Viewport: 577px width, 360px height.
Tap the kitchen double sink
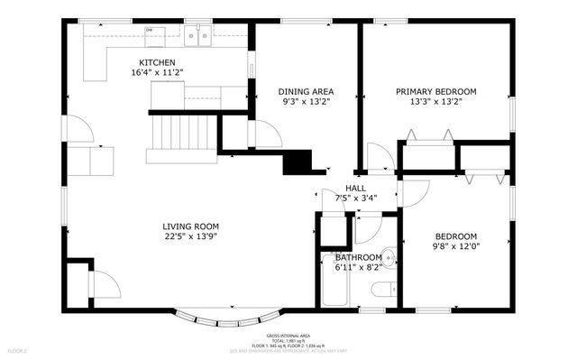point(197,36)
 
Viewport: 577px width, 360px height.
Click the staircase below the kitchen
point(183,134)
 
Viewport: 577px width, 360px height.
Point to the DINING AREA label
point(306,91)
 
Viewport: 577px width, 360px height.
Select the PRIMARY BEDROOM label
point(436,91)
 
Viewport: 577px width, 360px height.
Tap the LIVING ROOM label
point(190,226)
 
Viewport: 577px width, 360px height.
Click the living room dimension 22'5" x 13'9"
point(190,237)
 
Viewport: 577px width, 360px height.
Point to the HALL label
point(343,188)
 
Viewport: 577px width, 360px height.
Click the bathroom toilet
point(383,290)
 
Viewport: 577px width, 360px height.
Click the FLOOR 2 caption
point(18,349)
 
